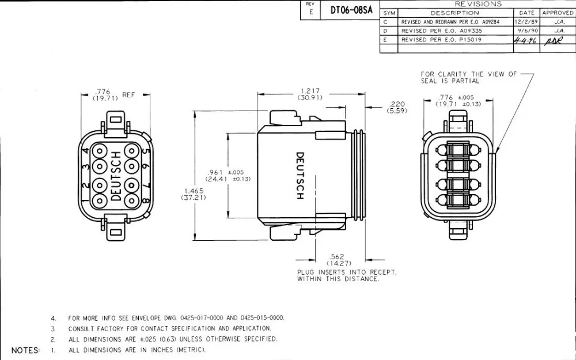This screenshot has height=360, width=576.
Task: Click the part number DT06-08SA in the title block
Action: click(x=351, y=10)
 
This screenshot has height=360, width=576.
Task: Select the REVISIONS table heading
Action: click(x=478, y=4)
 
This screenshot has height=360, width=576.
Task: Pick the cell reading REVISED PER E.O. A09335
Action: click(x=434, y=31)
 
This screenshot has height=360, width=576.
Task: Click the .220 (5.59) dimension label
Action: click(x=398, y=107)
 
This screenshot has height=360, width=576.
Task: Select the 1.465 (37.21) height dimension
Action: click(x=194, y=194)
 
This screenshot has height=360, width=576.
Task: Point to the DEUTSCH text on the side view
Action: click(x=300, y=176)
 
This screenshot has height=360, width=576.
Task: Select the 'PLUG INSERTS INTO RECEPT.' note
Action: click(x=347, y=275)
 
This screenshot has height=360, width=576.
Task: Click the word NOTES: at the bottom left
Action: click(x=25, y=350)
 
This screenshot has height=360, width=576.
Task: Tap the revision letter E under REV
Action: click(x=310, y=11)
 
